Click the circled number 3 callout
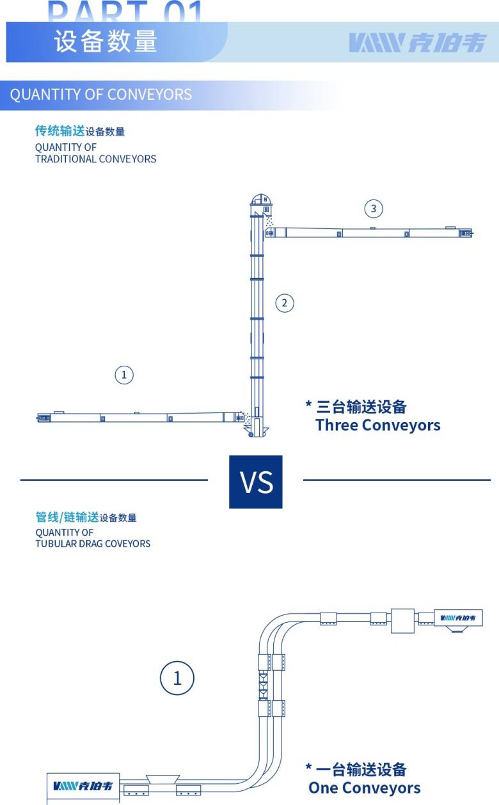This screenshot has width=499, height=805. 374,208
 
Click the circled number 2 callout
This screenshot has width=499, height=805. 285,303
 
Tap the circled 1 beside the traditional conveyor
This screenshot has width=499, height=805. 124,375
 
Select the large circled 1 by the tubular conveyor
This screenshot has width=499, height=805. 177,678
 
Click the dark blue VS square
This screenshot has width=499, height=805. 256,482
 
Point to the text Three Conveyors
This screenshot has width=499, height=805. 378,425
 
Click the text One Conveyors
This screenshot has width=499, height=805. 365,788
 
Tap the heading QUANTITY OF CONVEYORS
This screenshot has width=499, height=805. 100,95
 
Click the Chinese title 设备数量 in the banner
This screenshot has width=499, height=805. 106,41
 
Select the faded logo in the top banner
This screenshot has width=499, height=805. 418,43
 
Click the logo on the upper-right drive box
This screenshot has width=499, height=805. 458,618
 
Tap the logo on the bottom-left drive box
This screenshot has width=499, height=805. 83,786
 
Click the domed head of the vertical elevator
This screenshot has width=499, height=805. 262,200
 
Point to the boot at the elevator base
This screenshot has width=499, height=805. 256,428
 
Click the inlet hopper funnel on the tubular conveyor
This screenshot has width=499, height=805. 162,779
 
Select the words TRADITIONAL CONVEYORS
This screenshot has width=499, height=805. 95,159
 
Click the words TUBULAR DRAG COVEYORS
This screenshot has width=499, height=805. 93,543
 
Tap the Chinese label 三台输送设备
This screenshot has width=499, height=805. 361,407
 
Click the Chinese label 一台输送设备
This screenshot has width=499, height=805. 361,769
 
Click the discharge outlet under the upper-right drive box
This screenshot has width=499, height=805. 457,629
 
